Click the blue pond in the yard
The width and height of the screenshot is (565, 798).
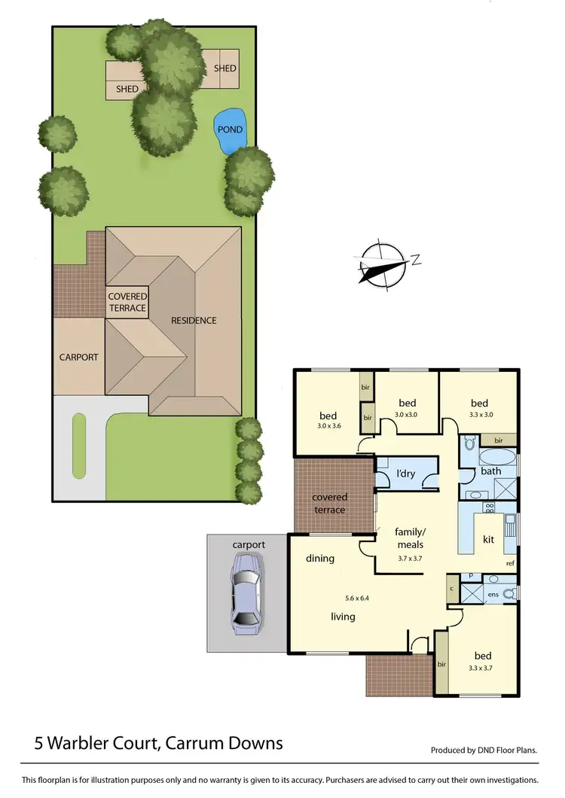pos(229,131)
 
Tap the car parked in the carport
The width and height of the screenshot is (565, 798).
pos(246,592)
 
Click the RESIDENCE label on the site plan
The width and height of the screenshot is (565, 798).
pos(194,321)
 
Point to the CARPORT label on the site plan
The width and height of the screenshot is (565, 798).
pos(79,358)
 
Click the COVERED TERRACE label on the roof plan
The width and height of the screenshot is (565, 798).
pos(127,302)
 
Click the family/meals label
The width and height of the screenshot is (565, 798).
pos(409,538)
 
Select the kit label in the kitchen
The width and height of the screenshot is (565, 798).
pos(488,541)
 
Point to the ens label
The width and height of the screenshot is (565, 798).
pos(493,595)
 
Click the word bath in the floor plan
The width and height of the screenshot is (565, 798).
pos(491,471)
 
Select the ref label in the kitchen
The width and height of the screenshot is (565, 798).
pos(510,563)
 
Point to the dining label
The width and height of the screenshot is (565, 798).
pos(320,559)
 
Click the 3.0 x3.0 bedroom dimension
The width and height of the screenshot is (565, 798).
pos(407,414)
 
